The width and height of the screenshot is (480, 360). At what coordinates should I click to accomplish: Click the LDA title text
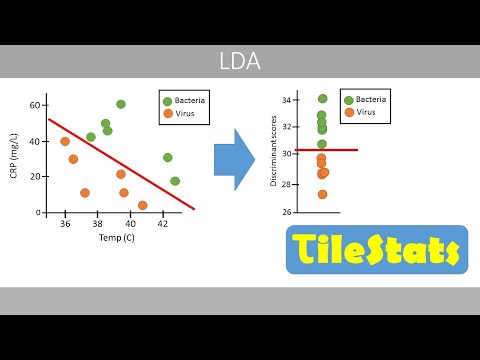point(239,62)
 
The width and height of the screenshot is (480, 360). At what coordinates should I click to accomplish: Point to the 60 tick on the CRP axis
point(33,105)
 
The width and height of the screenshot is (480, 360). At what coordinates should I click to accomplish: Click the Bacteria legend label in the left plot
point(189,100)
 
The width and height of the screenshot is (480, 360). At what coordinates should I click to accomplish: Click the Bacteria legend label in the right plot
point(372,100)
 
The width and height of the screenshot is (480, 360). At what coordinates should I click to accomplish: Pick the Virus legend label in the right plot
point(366,113)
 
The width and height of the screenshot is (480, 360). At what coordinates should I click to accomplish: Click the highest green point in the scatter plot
point(121,104)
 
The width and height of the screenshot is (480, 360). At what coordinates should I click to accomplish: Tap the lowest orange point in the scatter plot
point(142,205)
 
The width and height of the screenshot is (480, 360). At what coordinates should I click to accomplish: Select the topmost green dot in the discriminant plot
point(322,98)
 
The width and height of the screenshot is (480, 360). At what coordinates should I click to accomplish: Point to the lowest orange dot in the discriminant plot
point(322,194)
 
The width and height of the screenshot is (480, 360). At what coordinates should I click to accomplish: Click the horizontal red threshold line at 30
point(340,150)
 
